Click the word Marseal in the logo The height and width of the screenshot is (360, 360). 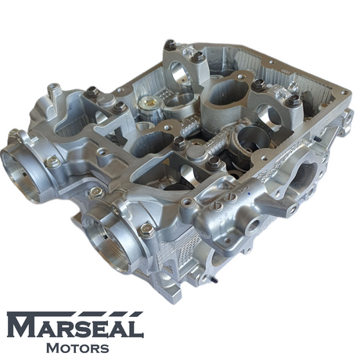75,325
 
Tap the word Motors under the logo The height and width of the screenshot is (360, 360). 77,348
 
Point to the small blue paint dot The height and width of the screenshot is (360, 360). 250,194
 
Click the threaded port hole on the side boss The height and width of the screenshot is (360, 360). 254,224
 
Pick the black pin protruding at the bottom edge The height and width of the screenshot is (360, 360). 213,279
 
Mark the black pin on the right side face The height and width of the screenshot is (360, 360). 318,139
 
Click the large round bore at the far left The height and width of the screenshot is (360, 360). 20,173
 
